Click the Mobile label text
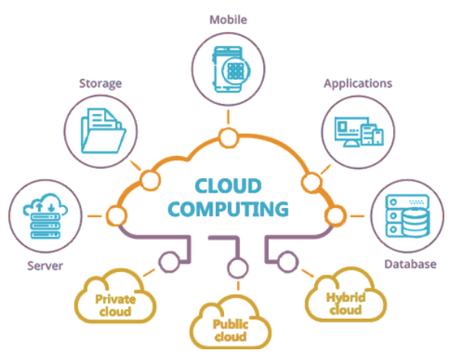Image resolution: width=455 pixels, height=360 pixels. point(229,20)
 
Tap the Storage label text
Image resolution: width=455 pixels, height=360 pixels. point(100,83)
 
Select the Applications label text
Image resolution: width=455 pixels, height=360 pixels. point(358,84)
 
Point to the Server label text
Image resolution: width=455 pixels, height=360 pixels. point(45,266)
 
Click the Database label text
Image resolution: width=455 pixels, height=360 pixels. point(411,264)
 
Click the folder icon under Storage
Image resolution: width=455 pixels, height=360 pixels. point(103,131)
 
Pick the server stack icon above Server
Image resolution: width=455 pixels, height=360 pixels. point(45,216)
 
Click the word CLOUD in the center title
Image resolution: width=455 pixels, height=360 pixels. point(228,186)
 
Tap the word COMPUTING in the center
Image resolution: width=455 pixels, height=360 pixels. point(228,209)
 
